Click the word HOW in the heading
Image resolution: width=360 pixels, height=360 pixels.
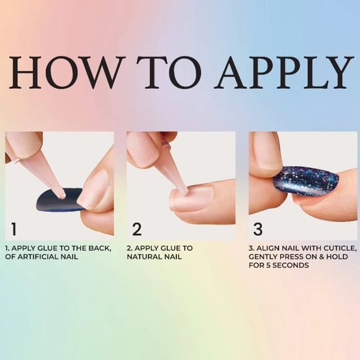pyautogui.click(x=67, y=72)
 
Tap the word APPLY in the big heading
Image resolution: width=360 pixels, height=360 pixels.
pyautogui.click(x=284, y=72)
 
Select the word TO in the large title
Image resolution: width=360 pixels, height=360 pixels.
pyautogui.click(x=169, y=72)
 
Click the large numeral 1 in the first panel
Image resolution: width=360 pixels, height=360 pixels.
pyautogui.click(x=14, y=229)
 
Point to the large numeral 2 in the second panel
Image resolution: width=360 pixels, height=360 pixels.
pyautogui.click(x=137, y=229)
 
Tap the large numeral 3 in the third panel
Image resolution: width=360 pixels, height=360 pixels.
pyautogui.click(x=258, y=229)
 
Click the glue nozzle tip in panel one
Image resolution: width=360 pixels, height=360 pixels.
pyautogui.click(x=62, y=196)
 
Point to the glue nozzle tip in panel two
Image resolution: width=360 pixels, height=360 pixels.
pyautogui.click(x=184, y=190)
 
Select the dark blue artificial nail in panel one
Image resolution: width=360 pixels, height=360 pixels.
pyautogui.click(x=59, y=199)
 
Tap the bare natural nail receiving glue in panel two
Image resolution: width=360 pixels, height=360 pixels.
pyautogui.click(x=192, y=198)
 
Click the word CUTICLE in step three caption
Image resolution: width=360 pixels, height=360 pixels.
pyautogui.click(x=340, y=248)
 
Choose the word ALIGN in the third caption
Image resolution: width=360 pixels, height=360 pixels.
pyautogui.click(x=266, y=248)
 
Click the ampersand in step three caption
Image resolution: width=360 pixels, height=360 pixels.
pyautogui.click(x=322, y=257)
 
